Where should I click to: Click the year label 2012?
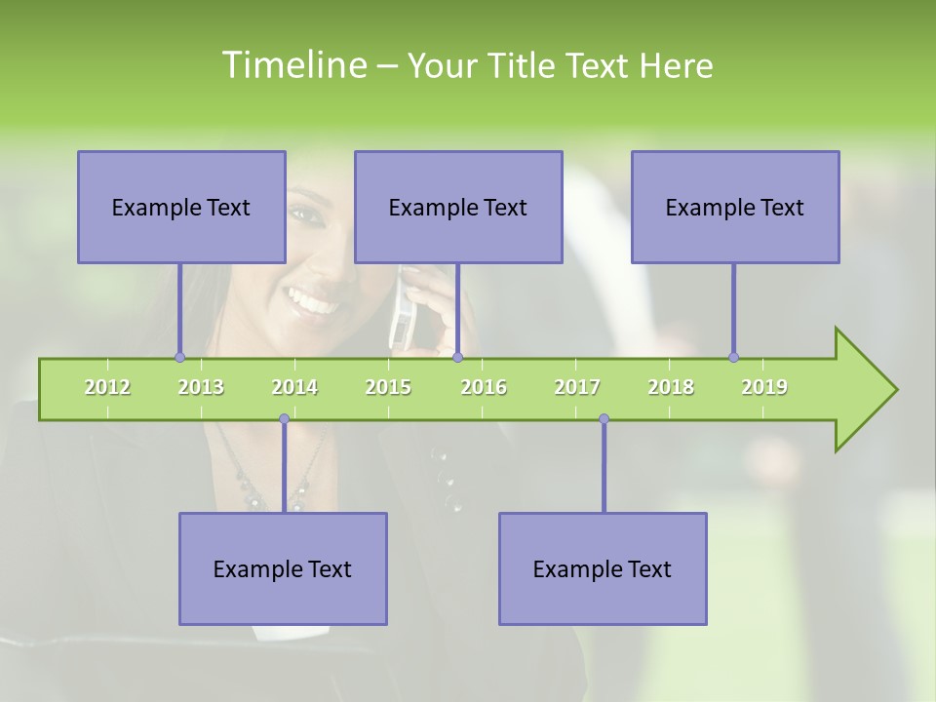pyautogui.click(x=107, y=387)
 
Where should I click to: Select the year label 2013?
pyautogui.click(x=201, y=387)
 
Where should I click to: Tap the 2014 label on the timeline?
pyautogui.click(x=294, y=387)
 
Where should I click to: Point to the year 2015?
pyautogui.click(x=388, y=387)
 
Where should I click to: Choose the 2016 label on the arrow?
pyautogui.click(x=484, y=387)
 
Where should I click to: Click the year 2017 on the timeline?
pyautogui.click(x=577, y=387)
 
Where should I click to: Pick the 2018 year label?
pyautogui.click(x=671, y=387)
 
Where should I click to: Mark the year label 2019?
pyautogui.click(x=764, y=387)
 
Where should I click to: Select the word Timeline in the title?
pyautogui.click(x=293, y=65)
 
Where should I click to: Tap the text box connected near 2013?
pyautogui.click(x=181, y=207)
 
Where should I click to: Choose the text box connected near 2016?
pyautogui.click(x=458, y=207)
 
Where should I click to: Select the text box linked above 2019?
pyautogui.click(x=735, y=207)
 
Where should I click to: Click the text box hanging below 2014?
pyautogui.click(x=283, y=568)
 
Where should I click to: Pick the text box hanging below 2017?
pyautogui.click(x=603, y=568)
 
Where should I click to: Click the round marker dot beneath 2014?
pyautogui.click(x=284, y=419)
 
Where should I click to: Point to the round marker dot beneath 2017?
pyautogui.click(x=604, y=419)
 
